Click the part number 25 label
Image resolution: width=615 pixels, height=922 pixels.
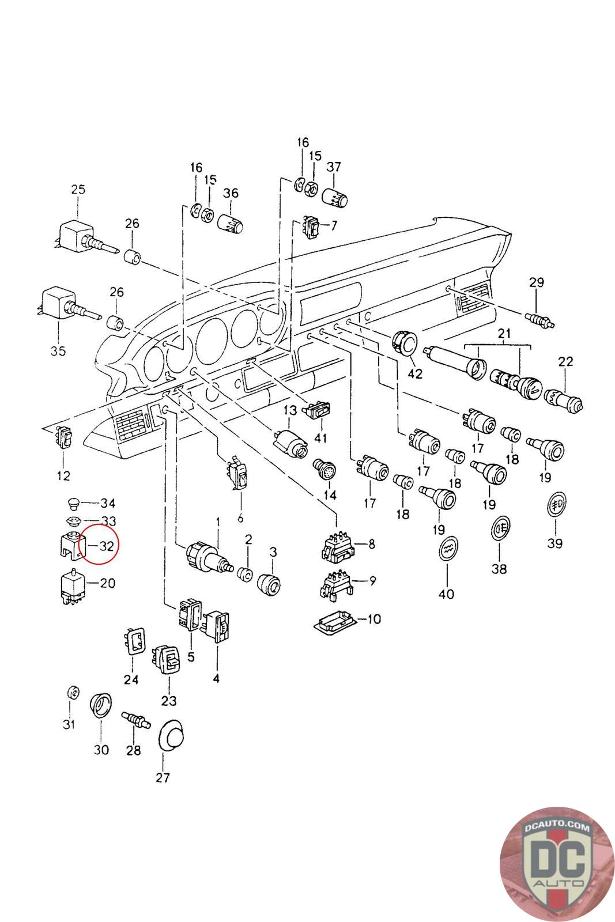(x=78, y=190)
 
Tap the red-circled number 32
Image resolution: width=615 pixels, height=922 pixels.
(x=106, y=546)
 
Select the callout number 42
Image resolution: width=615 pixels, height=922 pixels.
(x=415, y=374)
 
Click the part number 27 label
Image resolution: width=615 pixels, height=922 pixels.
(x=163, y=777)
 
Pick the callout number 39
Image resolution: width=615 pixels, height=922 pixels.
(x=555, y=543)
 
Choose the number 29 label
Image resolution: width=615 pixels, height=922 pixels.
(x=537, y=282)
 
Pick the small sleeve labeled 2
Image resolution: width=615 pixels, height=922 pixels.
(x=246, y=574)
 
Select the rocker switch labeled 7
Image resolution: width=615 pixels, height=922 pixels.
(x=311, y=227)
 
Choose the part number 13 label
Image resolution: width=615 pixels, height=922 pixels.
(x=290, y=410)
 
